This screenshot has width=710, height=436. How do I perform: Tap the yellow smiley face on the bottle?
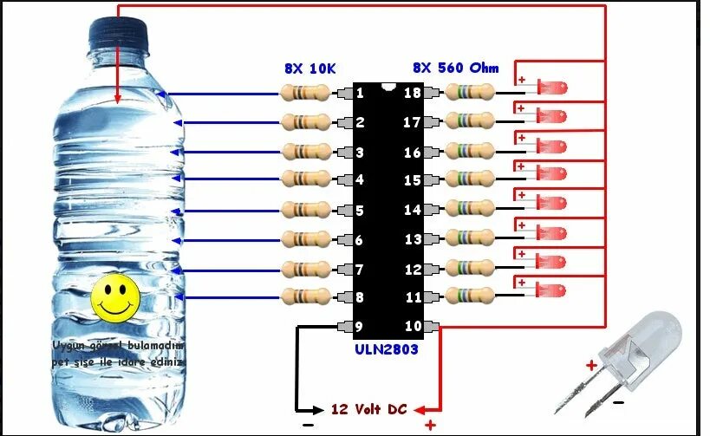coord(115,296)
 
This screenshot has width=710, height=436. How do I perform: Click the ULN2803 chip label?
coord(388,349)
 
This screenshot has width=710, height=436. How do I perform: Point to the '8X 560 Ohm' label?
coord(457,67)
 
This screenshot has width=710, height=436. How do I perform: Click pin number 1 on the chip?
coord(360,93)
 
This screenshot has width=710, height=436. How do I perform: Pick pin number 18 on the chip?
coord(413,93)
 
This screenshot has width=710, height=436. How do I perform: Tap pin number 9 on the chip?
coord(360,327)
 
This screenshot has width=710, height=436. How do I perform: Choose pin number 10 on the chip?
coord(413,327)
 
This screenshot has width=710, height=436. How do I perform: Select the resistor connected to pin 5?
coord(306,210)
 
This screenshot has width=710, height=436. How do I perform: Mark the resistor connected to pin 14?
coord(470,210)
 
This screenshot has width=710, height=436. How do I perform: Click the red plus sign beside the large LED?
coord(590,366)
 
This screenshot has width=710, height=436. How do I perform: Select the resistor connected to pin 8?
coord(306,296)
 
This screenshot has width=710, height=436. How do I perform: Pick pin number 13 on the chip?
coord(413,239)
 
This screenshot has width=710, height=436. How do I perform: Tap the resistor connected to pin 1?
coord(306,93)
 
